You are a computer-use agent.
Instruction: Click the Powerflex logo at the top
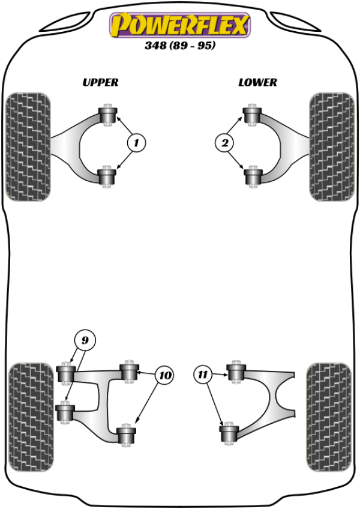click(x=179, y=26)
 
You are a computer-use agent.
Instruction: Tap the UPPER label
click(x=100, y=82)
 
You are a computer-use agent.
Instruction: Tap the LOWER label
click(x=257, y=82)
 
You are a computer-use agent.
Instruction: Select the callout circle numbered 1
click(x=136, y=143)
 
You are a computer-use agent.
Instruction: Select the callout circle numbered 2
click(x=224, y=143)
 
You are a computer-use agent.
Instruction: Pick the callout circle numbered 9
click(x=85, y=341)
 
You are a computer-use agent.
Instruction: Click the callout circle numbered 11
click(x=204, y=376)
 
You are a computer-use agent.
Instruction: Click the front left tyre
click(x=28, y=146)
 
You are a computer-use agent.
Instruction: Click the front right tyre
click(x=331, y=146)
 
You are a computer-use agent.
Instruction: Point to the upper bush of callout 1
click(x=109, y=115)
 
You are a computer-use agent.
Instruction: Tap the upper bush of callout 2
click(x=251, y=115)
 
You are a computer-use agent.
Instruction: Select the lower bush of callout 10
click(x=125, y=435)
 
